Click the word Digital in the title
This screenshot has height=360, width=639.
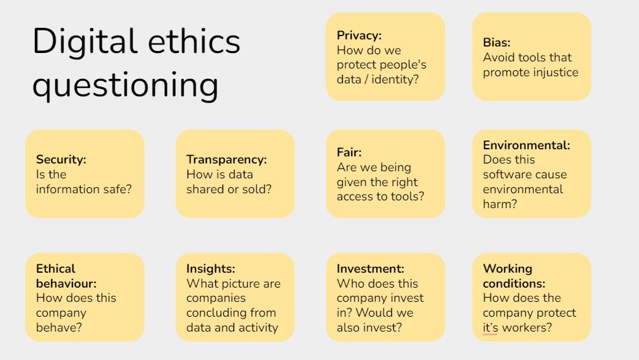pos(84,41)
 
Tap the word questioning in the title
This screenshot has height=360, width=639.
pos(125,85)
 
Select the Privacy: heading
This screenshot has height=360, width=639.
pos(359,36)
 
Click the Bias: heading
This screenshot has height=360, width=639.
pos(496,43)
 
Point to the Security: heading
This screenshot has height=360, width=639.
pos(61,159)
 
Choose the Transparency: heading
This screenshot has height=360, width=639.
pos(226,159)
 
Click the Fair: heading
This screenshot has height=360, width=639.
pos(349,153)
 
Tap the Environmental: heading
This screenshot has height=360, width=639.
pos(526,145)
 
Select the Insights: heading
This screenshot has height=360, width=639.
pos(211,269)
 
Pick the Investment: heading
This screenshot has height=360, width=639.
pos(371,269)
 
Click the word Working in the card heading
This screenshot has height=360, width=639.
pos(507,269)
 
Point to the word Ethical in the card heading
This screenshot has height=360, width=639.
pos(56,269)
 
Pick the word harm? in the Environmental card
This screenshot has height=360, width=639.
pos(500,204)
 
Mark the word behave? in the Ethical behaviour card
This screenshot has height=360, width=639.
pos(59,328)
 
